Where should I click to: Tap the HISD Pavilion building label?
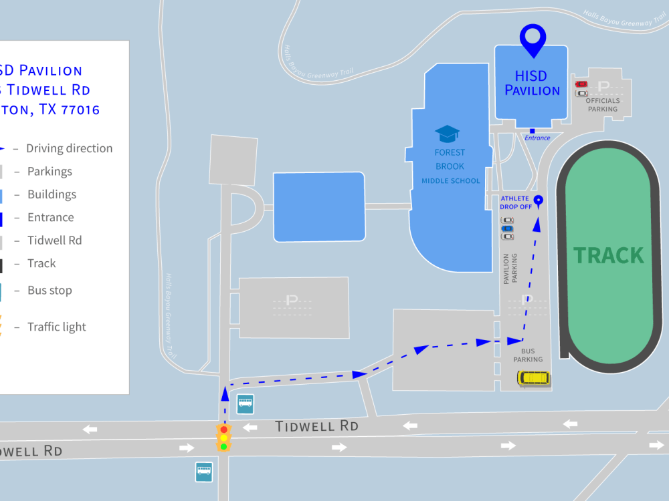pyautogui.click(x=532, y=83)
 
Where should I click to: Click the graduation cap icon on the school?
pyautogui.click(x=447, y=134)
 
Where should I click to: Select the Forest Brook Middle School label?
pyautogui.click(x=450, y=166)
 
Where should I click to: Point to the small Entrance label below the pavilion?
pyautogui.click(x=537, y=138)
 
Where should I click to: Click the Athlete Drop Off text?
pyautogui.click(x=515, y=202)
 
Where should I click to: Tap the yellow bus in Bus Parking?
pyautogui.click(x=533, y=378)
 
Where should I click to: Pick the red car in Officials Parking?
pyautogui.click(x=581, y=84)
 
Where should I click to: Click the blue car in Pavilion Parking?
pyautogui.click(x=508, y=228)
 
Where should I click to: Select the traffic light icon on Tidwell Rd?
pyautogui.click(x=224, y=438)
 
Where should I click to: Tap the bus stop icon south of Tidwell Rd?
pyautogui.click(x=204, y=472)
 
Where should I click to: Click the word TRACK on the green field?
pyautogui.click(x=609, y=255)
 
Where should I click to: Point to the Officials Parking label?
pyautogui.click(x=603, y=105)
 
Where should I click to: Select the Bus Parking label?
pyautogui.click(x=528, y=355)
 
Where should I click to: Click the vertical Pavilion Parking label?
pyautogui.click(x=510, y=269)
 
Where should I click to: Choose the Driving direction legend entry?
pyautogui.click(x=69, y=148)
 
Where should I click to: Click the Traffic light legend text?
pyautogui.click(x=57, y=327)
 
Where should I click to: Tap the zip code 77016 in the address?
pyautogui.click(x=80, y=110)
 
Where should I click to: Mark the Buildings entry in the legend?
pyautogui.click(x=52, y=194)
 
